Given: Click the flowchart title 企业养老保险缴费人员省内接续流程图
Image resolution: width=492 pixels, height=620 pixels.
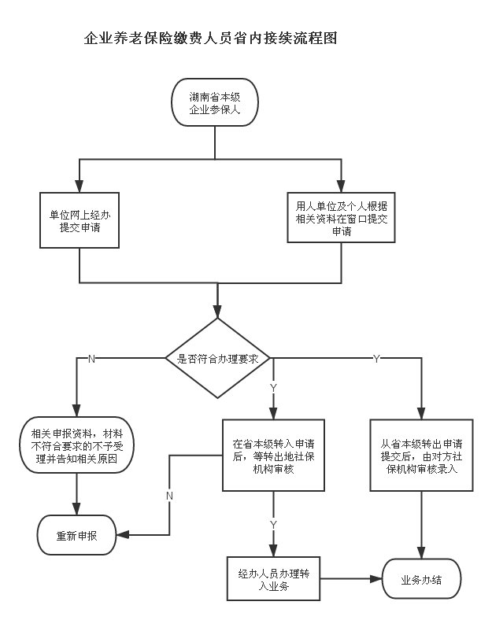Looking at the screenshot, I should pyautogui.click(x=210, y=38).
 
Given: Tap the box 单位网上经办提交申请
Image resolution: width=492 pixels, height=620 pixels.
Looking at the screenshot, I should pyautogui.click(x=80, y=221).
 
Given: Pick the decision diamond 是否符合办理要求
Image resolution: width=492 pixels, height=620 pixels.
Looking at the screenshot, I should pyautogui.click(x=219, y=358).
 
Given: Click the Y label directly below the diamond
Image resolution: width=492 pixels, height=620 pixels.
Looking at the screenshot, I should pyautogui.click(x=273, y=388).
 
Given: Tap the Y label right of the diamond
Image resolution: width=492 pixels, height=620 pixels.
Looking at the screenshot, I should pyautogui.click(x=375, y=359).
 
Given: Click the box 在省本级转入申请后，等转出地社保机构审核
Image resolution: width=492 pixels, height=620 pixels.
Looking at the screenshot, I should pyautogui.click(x=273, y=454).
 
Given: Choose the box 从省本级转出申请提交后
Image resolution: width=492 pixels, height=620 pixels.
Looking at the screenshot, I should pyautogui.click(x=423, y=455).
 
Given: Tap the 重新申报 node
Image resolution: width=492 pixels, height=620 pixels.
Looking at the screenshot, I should pyautogui.click(x=77, y=537).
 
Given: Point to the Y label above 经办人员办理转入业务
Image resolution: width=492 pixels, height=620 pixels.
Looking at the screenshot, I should pyautogui.click(x=273, y=525).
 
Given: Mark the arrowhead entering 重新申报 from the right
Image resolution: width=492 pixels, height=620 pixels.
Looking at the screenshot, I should pyautogui.click(x=121, y=535).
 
